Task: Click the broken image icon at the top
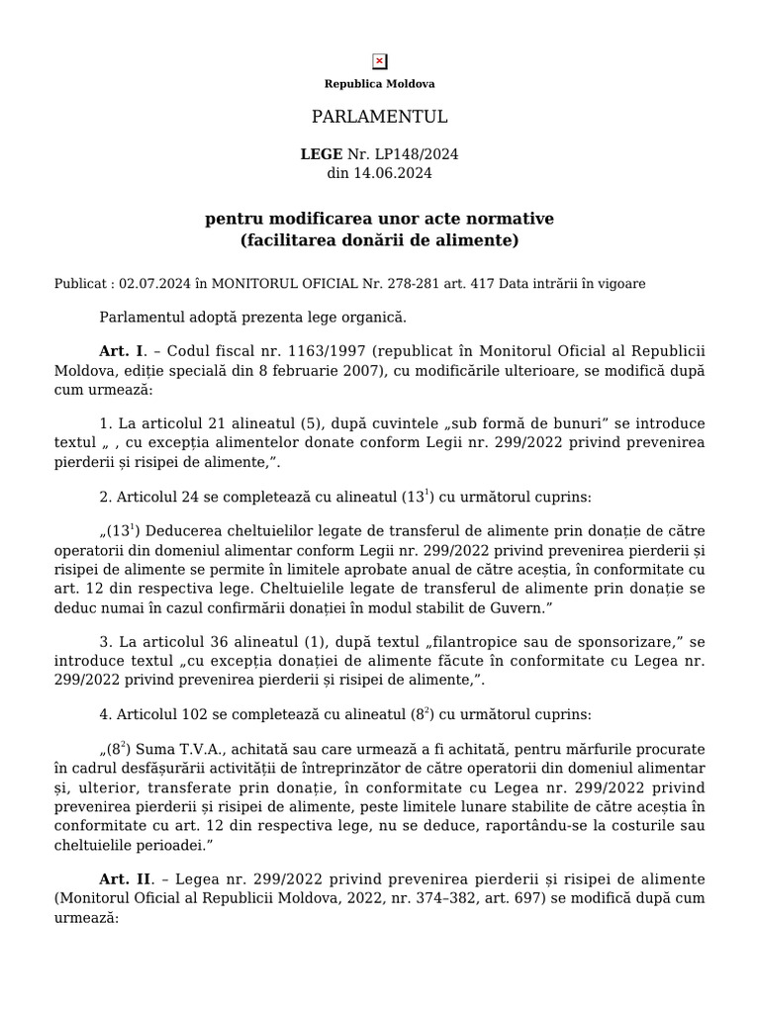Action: click(x=380, y=61)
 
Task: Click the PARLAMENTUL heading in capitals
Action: click(x=380, y=118)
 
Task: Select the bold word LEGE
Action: click(x=321, y=155)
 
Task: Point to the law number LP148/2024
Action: click(x=418, y=155)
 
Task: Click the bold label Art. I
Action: click(x=122, y=352)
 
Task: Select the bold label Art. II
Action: click(x=125, y=879)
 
